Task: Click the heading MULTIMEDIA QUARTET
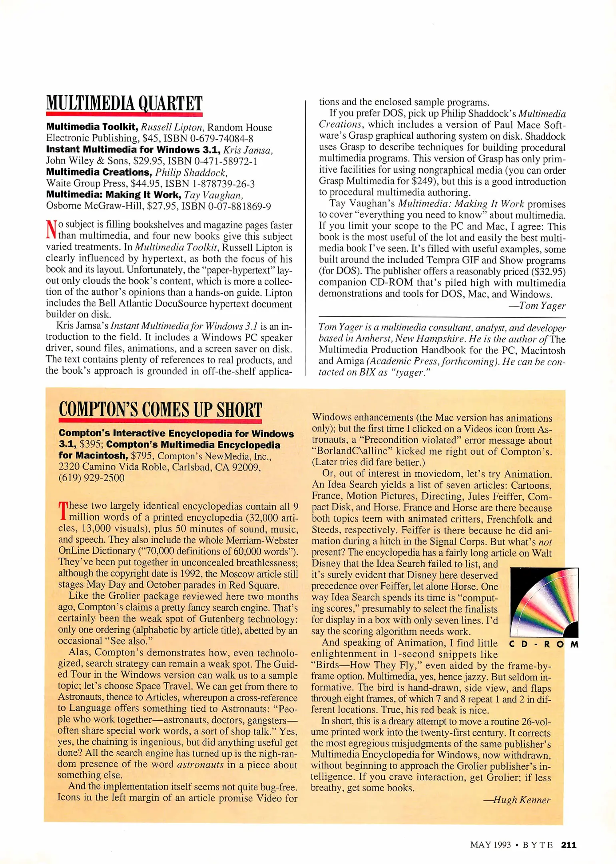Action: click(124, 103)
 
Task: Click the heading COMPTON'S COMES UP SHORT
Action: click(160, 410)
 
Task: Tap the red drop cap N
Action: click(51, 230)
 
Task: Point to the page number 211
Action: click(568, 845)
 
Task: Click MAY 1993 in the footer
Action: click(490, 845)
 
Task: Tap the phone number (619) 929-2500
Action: click(92, 478)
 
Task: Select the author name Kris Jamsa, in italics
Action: click(248, 150)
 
